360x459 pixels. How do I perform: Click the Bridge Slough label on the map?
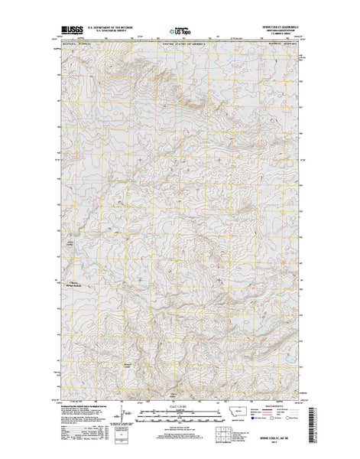pos(75,285)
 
